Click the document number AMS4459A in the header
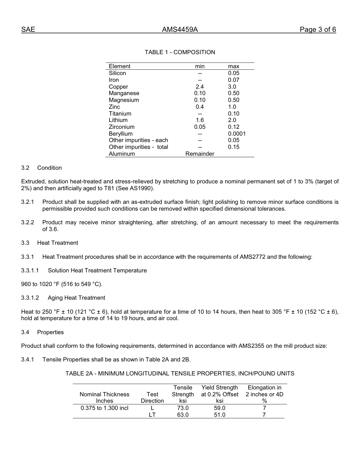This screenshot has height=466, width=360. tap(180, 30)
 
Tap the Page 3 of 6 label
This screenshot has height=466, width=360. tap(318, 30)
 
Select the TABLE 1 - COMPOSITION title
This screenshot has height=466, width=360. tap(180, 52)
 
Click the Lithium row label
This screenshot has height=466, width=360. tap(118, 120)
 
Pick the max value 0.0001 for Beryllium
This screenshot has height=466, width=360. tap(236, 134)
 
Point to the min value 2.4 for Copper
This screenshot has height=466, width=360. tap(200, 87)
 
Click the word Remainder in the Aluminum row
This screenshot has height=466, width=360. tap(200, 154)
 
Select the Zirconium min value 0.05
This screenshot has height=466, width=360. tap(200, 127)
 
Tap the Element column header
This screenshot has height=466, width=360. tap(119, 66)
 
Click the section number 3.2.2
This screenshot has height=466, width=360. tap(28, 222)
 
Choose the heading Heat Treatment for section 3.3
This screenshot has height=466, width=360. tap(58, 243)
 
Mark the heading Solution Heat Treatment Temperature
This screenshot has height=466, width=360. tap(97, 271)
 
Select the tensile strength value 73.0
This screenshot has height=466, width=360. tap(183, 408)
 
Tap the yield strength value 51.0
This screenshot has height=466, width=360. tap(219, 415)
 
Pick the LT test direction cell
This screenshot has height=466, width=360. tap(152, 415)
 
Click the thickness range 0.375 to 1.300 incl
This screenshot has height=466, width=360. tap(105, 408)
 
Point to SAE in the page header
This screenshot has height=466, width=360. tap(28, 30)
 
